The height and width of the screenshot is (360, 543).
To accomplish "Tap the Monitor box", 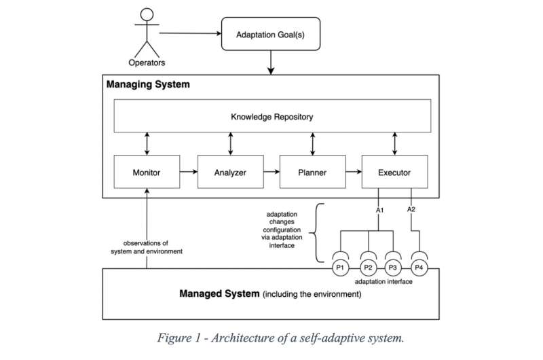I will click(x=147, y=173).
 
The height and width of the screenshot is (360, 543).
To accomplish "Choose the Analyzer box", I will click(x=229, y=173).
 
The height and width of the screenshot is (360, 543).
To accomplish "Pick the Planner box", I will click(x=312, y=173).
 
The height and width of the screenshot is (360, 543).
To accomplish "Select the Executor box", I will click(x=395, y=173).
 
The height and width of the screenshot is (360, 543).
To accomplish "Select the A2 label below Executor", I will click(x=411, y=210).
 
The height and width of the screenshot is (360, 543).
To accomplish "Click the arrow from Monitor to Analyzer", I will click(x=188, y=173).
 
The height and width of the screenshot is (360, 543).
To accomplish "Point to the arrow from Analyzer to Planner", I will click(x=271, y=173).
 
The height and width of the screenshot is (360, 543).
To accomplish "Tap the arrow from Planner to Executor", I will click(x=354, y=173).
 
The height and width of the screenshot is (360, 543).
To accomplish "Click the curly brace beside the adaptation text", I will click(x=318, y=232).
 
